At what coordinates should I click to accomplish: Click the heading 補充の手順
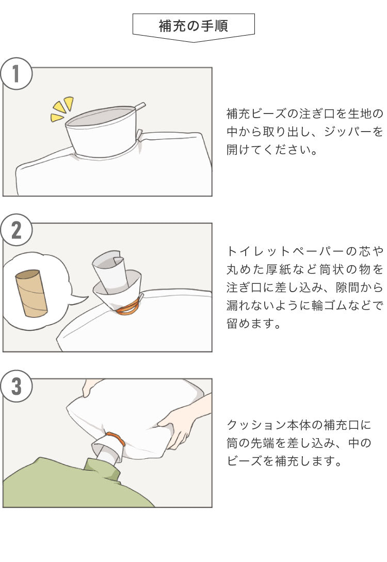193,26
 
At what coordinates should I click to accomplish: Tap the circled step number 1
16,74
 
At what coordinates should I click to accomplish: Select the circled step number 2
16,230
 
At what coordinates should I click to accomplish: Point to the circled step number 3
16,387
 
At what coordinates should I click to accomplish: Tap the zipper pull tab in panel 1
140,106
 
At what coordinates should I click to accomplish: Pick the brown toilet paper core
31,293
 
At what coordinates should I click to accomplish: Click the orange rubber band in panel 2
128,308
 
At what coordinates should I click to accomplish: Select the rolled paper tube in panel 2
109,272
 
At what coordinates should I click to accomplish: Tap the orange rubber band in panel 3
116,438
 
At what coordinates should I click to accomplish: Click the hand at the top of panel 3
90,387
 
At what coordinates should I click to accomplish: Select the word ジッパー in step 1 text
348,132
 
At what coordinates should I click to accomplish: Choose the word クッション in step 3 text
256,425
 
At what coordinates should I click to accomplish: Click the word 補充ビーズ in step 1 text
256,114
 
